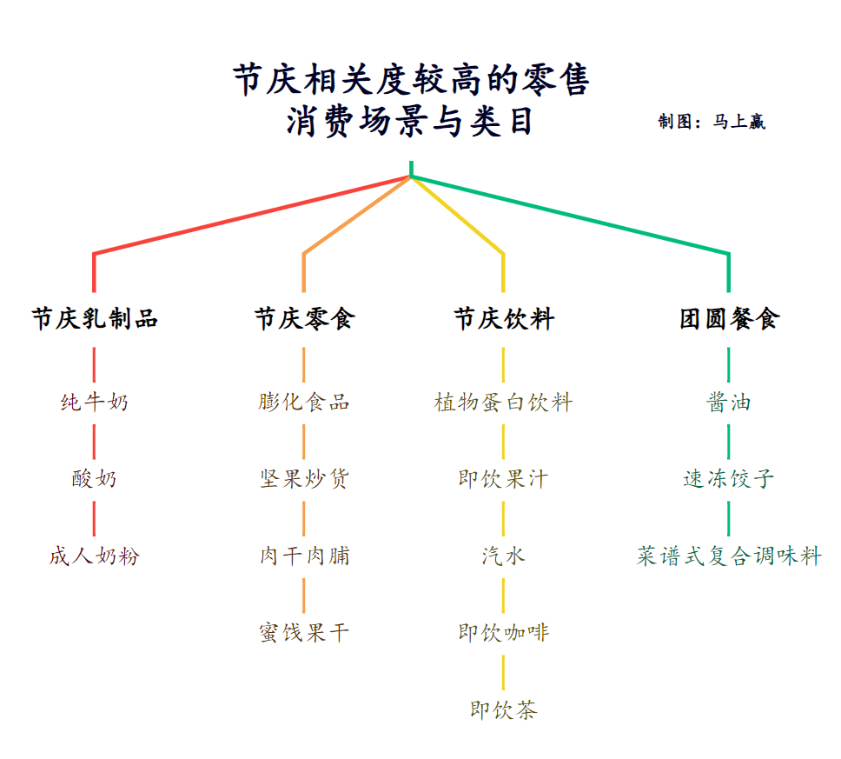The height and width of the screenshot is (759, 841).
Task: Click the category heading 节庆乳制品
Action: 95,319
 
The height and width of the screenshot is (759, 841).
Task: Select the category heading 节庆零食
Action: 304,319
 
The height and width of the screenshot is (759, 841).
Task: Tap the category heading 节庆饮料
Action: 504,319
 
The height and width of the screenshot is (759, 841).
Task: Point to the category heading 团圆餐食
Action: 729,319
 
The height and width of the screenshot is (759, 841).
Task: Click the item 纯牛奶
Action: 95,403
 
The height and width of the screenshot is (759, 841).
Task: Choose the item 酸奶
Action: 95,479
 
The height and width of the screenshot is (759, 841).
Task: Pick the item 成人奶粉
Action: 95,556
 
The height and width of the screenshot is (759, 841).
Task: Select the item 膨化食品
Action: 304,403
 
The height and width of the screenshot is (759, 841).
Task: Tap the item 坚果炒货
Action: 304,479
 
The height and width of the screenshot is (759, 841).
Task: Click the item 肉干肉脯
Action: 304,556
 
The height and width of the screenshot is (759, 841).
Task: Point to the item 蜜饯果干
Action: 304,633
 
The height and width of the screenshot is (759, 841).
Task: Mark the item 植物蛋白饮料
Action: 504,403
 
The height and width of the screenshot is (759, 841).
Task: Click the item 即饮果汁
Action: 504,479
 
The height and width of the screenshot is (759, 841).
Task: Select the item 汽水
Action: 504,556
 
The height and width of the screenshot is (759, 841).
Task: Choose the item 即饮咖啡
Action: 504,633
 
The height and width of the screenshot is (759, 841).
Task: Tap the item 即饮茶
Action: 504,710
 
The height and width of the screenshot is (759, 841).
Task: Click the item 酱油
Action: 729,403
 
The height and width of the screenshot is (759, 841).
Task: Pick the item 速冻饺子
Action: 729,479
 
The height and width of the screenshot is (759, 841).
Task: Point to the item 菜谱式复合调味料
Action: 729,556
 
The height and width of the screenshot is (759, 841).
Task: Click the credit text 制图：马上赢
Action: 712,122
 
